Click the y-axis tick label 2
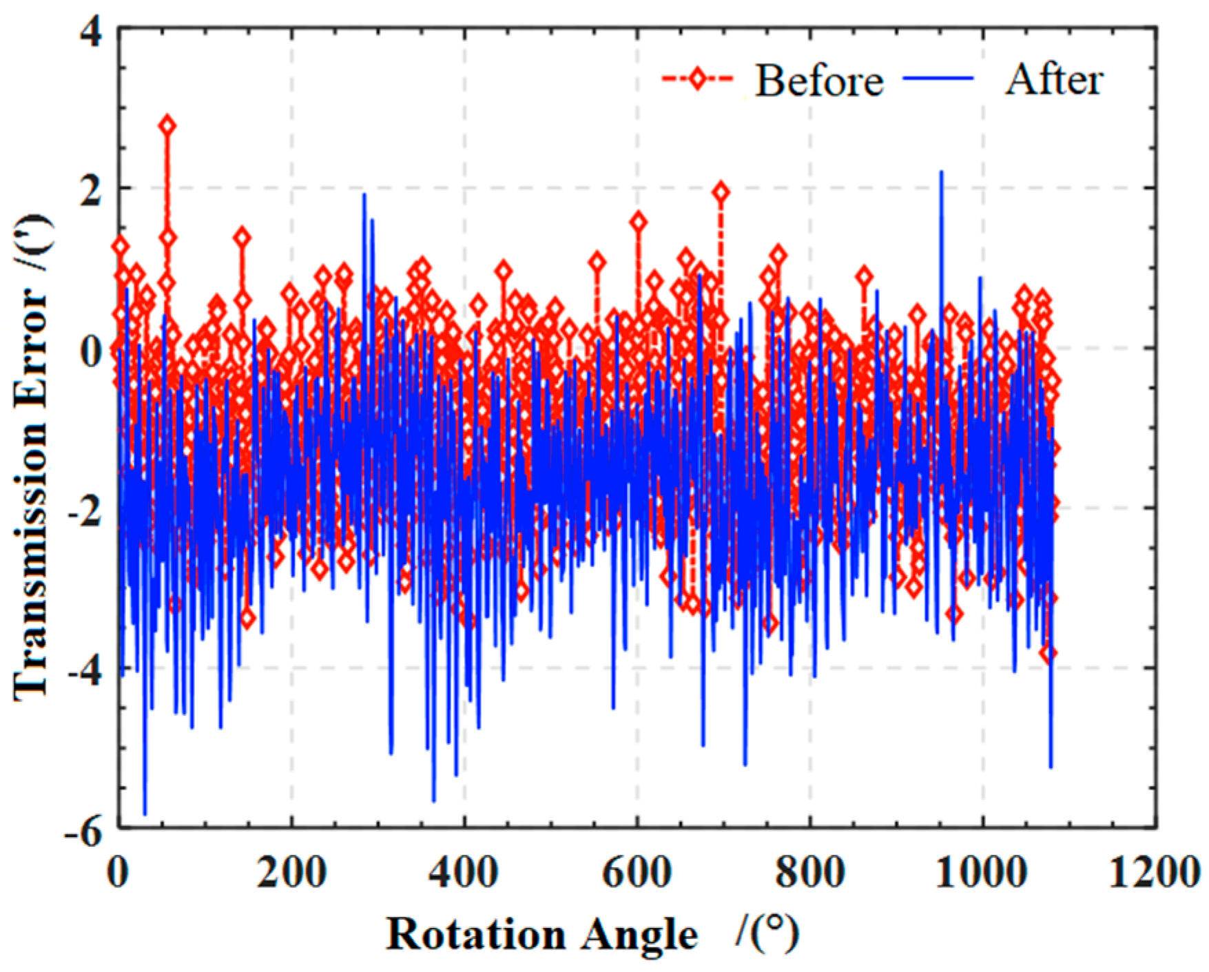[x=92, y=189]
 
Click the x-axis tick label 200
[x=291, y=873]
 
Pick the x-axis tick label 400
[x=464, y=873]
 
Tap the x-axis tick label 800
[x=809, y=873]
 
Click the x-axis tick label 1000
[x=981, y=873]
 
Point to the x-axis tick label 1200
[x=1154, y=873]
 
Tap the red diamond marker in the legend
[x=698, y=79]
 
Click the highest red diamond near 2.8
[x=167, y=125]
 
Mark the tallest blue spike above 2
[x=941, y=172]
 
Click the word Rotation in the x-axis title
[x=476, y=935]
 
